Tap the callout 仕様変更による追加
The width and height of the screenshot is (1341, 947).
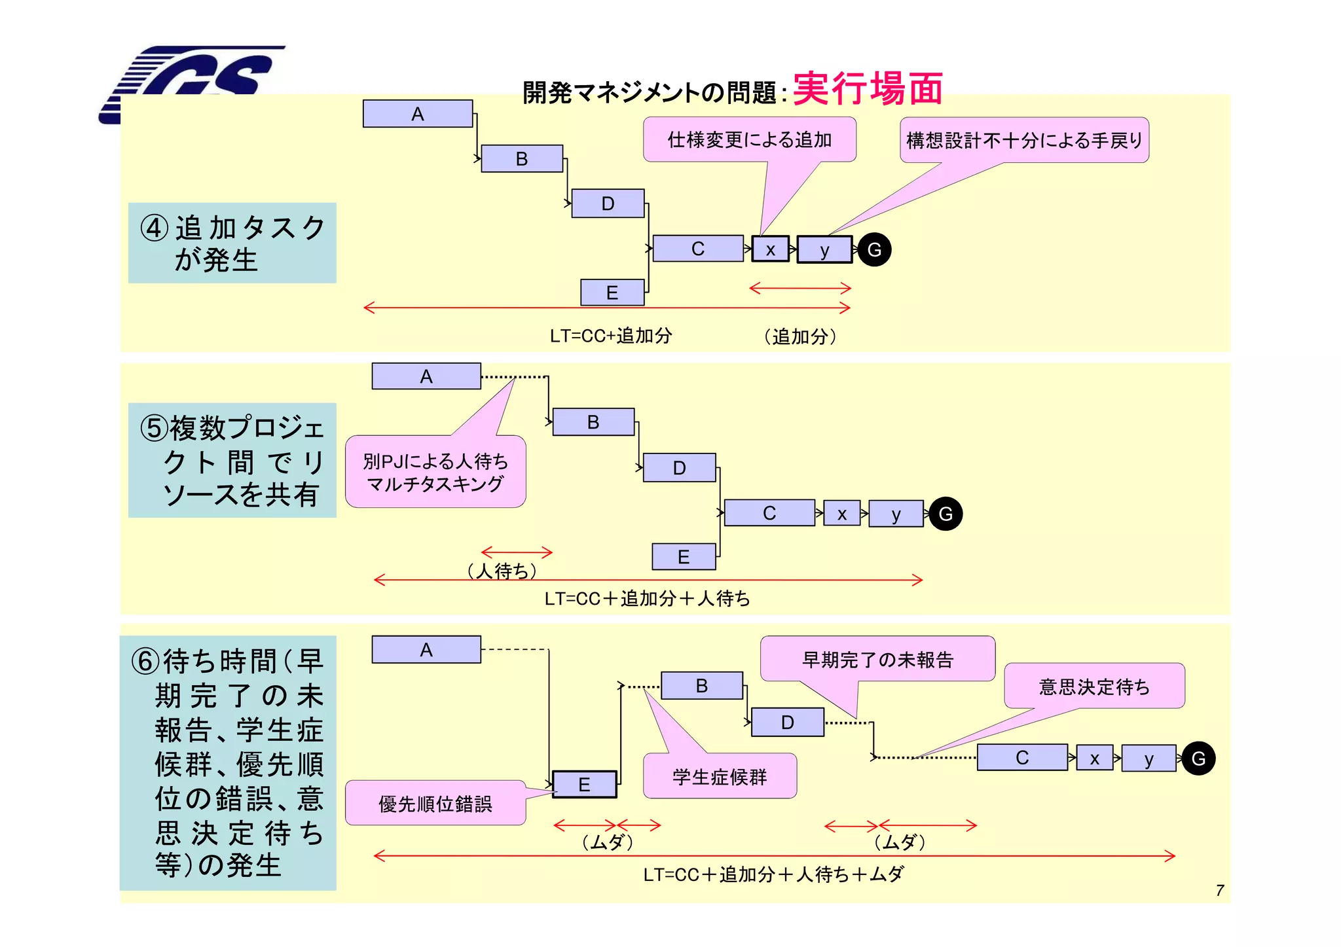point(749,139)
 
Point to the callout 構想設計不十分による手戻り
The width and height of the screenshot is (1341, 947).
point(1024,140)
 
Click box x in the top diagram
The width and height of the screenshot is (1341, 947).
point(771,249)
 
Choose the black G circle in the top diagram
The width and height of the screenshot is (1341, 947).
point(874,249)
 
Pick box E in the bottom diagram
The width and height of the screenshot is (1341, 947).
point(585,784)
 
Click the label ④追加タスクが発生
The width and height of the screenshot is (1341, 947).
point(232,243)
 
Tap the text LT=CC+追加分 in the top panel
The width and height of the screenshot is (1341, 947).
point(610,336)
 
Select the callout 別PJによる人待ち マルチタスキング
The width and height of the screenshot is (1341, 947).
point(435,472)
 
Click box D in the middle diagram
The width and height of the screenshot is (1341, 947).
point(679,468)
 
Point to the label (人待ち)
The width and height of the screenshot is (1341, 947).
point(502,571)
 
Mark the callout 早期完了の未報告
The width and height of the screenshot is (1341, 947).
point(877,660)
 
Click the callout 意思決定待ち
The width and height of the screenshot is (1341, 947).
point(1094,687)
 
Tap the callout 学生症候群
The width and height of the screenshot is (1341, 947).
point(720,777)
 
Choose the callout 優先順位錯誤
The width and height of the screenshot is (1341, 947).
point(435,804)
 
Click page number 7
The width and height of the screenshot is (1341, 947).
point(1220,890)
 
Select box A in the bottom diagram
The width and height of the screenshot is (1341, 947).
point(426,650)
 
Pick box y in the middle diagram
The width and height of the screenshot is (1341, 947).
point(896,514)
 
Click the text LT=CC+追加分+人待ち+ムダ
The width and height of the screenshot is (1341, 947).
point(773,874)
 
